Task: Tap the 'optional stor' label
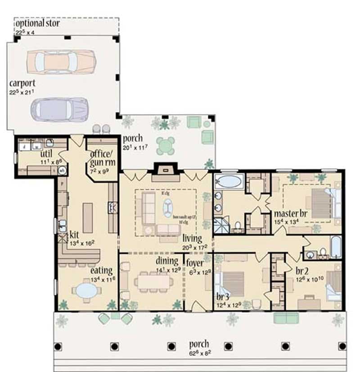coord(37,23)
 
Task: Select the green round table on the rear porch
coord(165,145)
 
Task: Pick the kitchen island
coord(88,217)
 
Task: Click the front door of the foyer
coord(198,308)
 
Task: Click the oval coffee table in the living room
coord(168,208)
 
